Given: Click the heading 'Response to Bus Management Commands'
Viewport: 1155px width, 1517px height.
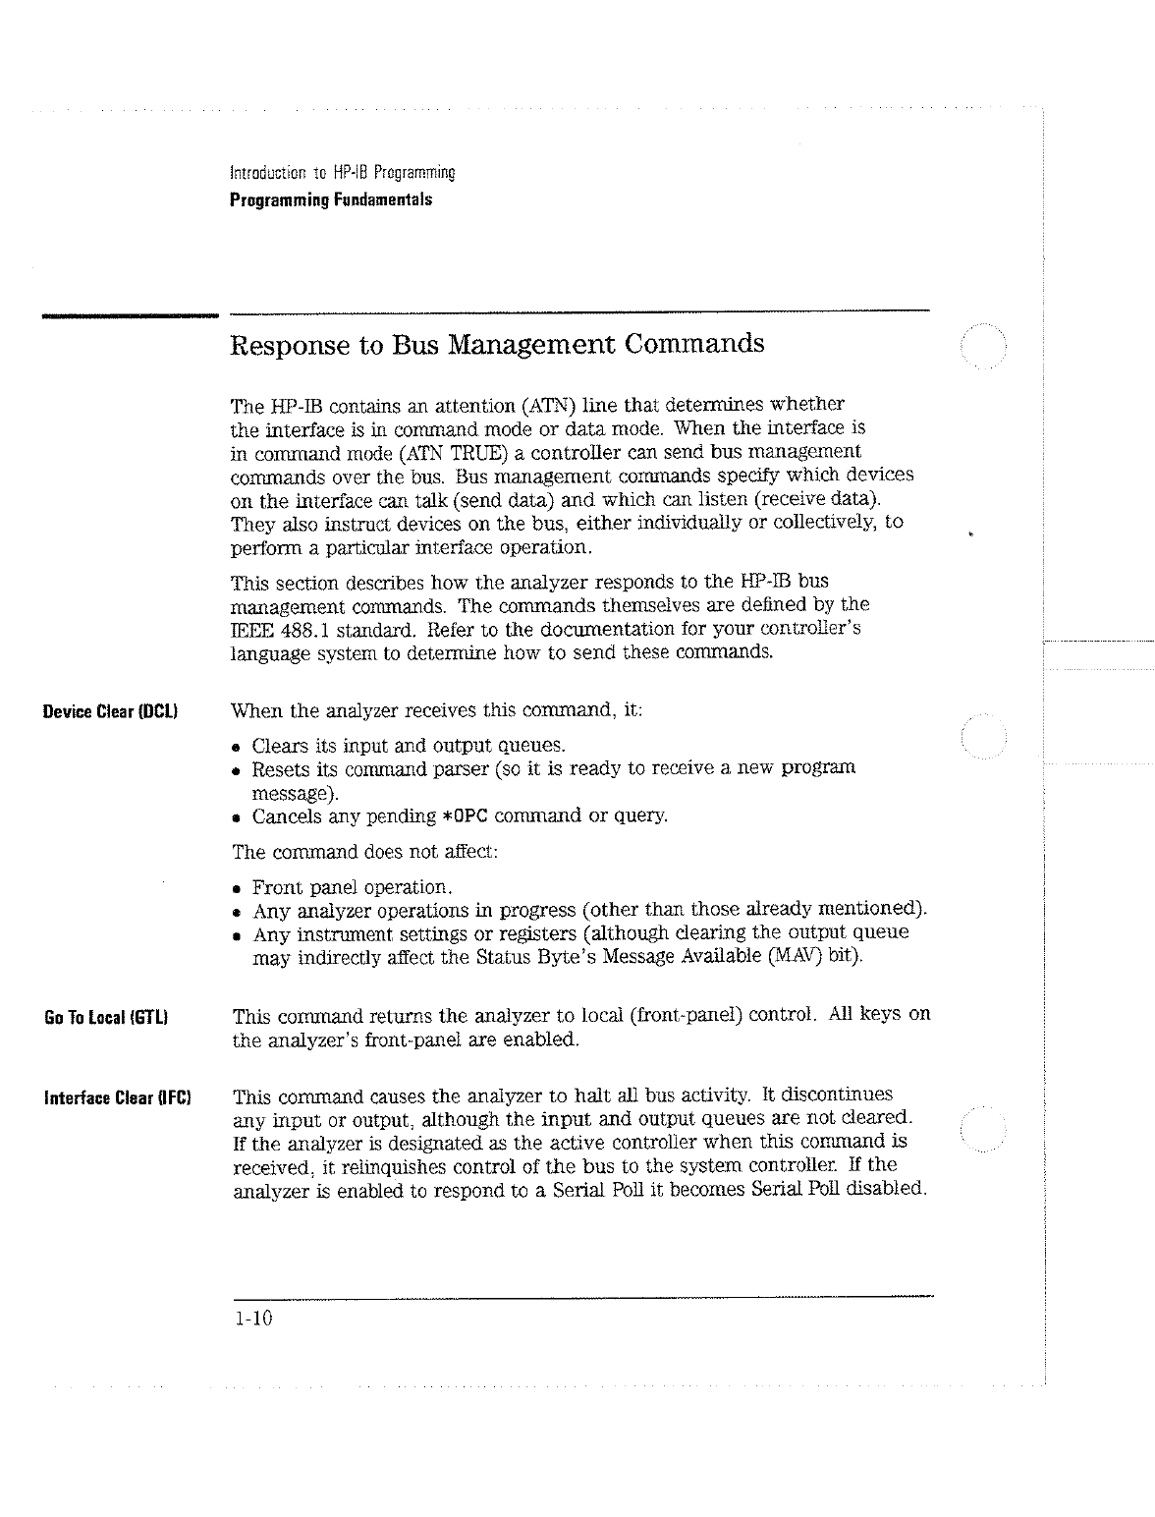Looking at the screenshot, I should point(496,345).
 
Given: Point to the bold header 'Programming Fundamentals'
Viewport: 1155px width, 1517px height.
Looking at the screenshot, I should point(330,199).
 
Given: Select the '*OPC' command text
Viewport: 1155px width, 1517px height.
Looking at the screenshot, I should point(467,816).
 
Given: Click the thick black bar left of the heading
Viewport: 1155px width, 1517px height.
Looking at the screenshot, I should point(128,315).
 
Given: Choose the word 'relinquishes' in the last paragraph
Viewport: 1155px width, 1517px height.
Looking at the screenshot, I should point(331,1166).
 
